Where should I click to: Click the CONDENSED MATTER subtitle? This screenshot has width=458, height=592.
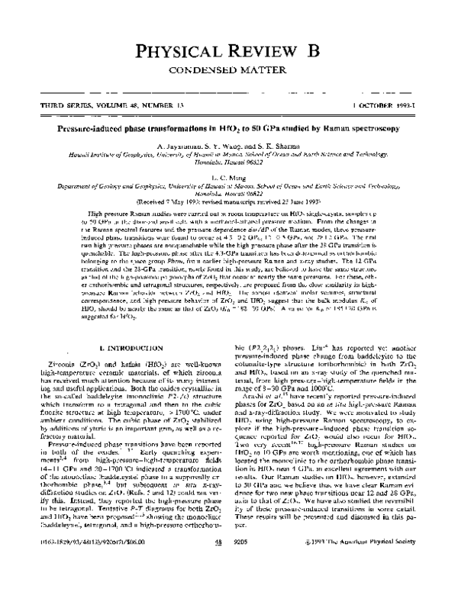229,72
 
